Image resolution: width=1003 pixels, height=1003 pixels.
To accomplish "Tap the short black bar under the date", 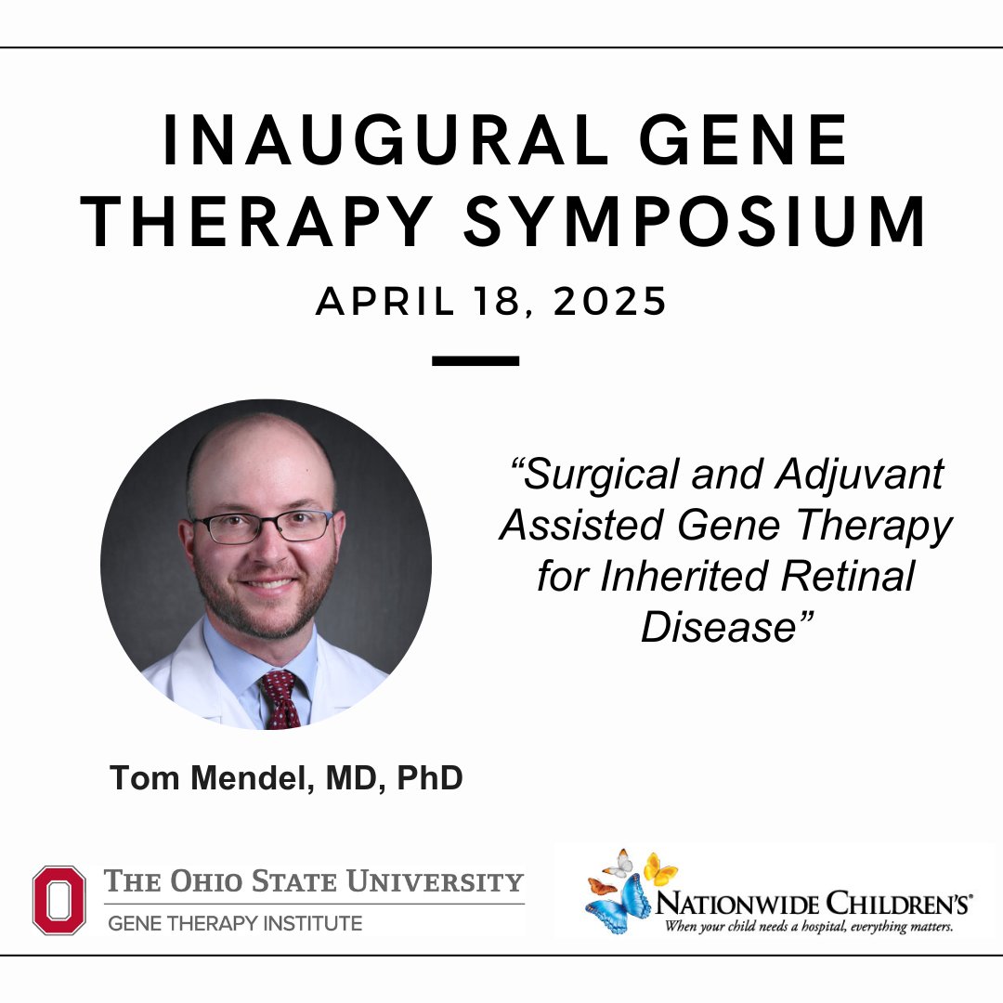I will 475,360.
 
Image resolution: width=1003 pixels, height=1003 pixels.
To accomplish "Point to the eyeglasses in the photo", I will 264,527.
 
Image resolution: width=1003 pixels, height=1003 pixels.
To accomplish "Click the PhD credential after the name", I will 429,778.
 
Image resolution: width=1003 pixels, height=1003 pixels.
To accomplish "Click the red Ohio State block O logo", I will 59,899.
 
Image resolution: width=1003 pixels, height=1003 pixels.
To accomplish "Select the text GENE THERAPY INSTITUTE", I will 234,924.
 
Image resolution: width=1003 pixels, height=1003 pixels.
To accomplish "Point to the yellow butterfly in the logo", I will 659,868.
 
